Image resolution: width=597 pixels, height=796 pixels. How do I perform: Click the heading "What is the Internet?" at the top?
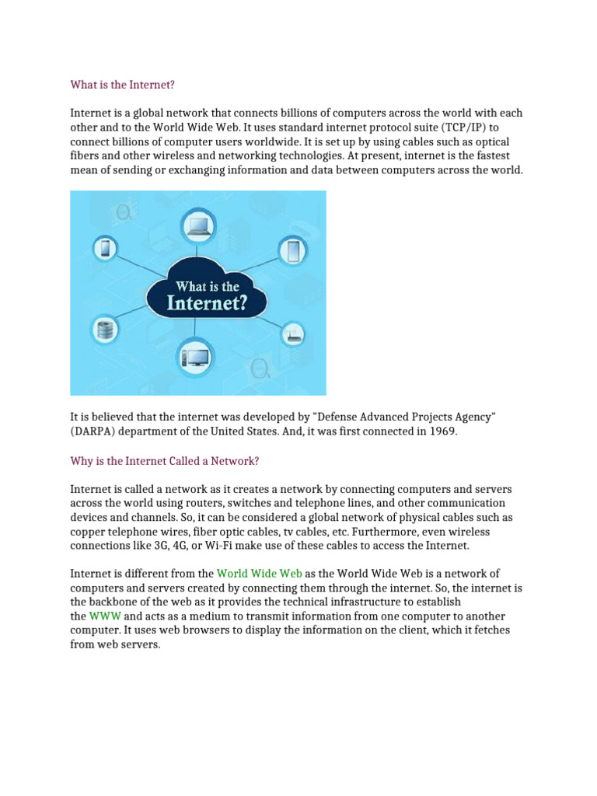coord(129,84)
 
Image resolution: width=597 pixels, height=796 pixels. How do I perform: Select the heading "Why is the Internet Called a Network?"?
coord(164,461)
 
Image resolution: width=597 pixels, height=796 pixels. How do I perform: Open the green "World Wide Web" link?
coord(259,574)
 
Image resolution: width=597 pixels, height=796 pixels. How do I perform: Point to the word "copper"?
coord(87,532)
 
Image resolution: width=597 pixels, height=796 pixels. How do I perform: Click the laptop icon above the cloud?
coord(197,226)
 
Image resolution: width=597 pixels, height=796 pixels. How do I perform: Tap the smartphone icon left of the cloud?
coord(106,249)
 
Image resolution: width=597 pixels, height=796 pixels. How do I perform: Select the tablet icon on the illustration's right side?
coord(293,250)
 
